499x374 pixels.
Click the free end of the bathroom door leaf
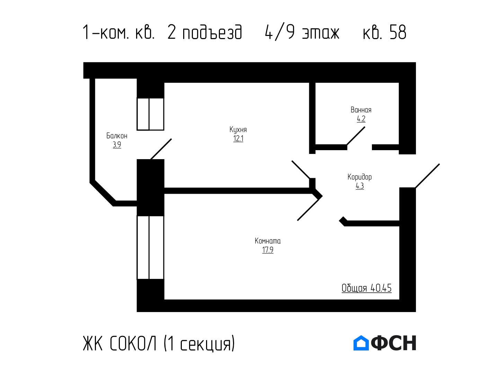(365, 127)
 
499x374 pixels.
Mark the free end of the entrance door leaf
(439, 164)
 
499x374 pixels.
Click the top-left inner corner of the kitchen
(164, 83)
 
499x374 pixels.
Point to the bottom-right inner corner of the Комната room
(399, 300)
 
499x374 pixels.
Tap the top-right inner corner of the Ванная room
(399, 83)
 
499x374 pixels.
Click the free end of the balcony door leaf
(171, 139)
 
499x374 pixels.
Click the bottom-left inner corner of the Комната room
(164, 300)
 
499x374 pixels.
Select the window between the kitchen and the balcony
(150, 114)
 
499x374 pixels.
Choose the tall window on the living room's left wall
(150, 247)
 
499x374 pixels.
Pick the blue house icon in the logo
(361, 343)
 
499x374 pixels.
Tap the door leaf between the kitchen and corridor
(301, 170)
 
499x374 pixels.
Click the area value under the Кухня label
(238, 138)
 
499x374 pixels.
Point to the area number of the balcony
(117, 145)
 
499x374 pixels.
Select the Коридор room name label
(359, 177)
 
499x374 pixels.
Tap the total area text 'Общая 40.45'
(366, 288)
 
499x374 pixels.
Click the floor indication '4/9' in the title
(280, 33)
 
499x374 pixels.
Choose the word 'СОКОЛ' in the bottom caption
(133, 343)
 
